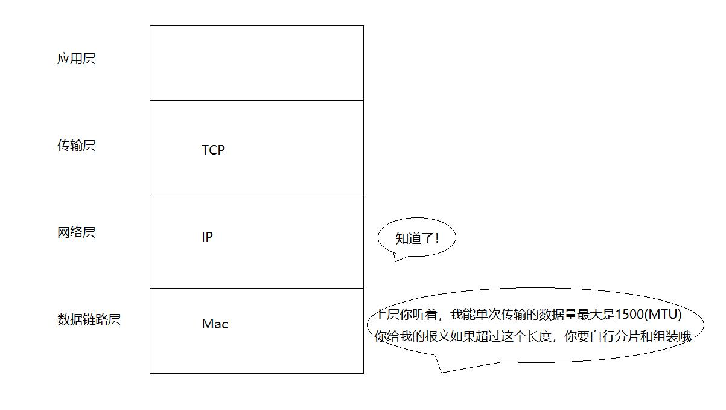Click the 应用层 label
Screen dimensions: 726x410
76,59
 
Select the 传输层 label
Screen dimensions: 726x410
76,146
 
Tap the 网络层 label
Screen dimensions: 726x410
76,232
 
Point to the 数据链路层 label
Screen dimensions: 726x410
89,319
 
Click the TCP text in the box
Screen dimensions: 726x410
213,150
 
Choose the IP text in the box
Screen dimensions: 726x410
207,237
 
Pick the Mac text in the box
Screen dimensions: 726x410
215,324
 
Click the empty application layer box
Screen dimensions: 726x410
256,63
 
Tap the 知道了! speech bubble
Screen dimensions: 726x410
416,238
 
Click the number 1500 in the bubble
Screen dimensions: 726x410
629,315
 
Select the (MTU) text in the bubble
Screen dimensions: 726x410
663,315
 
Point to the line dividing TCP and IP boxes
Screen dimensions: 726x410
256,197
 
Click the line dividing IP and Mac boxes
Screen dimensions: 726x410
256,288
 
